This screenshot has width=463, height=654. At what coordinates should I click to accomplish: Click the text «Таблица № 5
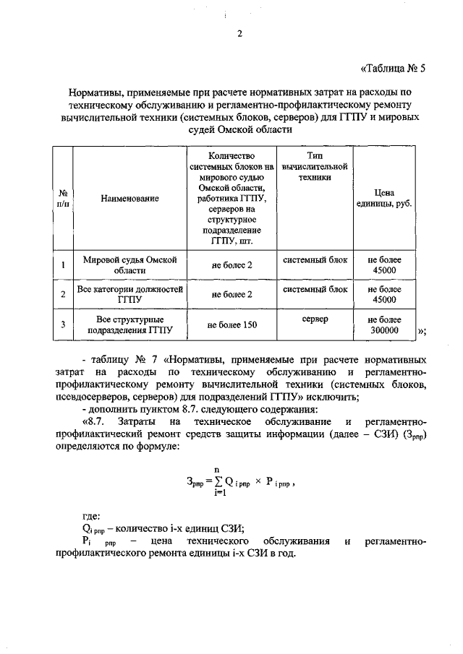[394, 69]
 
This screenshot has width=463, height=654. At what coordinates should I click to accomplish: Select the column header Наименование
[129, 197]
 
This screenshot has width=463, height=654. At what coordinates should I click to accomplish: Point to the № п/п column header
[63, 198]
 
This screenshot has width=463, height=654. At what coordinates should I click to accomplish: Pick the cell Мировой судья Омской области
[129, 264]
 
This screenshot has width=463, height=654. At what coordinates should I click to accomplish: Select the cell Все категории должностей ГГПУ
[129, 294]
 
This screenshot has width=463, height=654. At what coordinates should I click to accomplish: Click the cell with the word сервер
[315, 319]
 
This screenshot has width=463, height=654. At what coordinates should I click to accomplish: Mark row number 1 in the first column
[63, 265]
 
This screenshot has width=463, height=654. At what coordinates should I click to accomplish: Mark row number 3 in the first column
[63, 325]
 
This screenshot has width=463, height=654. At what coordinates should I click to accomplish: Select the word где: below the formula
[92, 515]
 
